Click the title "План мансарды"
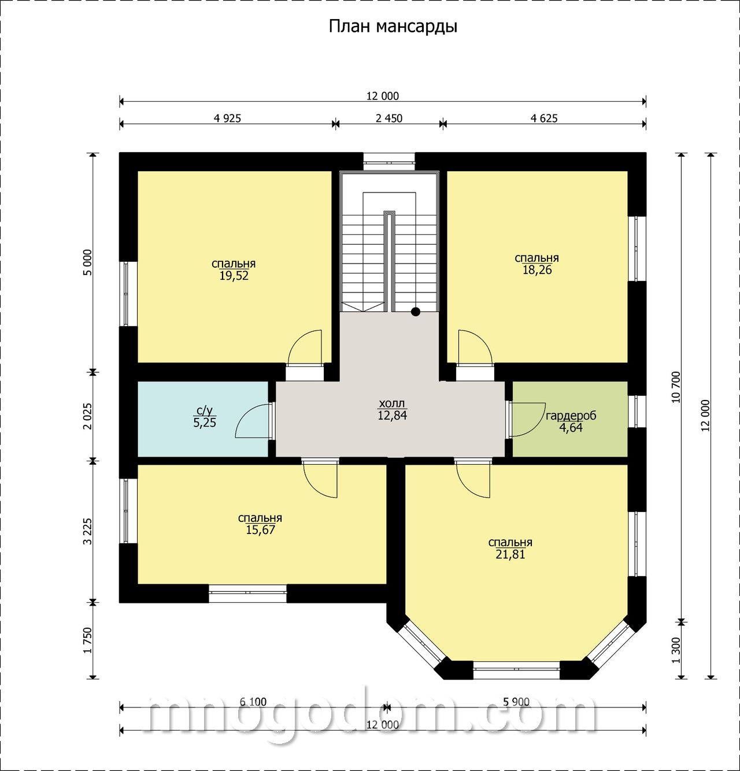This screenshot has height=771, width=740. point(393,27)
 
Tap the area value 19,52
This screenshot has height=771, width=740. point(234,276)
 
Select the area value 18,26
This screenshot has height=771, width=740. point(537,270)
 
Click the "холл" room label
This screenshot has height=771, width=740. point(392,403)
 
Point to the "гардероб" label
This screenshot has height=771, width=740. point(571,416)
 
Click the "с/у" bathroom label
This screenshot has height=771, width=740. point(205,411)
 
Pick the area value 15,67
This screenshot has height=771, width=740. point(260,530)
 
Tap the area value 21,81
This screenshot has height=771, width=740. point(510,554)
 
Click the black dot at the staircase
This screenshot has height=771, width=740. point(416,312)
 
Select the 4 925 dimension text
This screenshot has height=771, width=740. point(227,118)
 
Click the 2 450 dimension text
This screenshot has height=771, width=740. point(389,118)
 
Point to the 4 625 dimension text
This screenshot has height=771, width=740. point(544,118)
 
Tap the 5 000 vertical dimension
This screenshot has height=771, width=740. point(88,262)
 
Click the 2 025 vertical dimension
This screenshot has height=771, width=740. point(88,416)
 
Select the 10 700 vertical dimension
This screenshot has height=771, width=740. point(676,387)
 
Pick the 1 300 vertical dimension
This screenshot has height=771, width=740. point(676,650)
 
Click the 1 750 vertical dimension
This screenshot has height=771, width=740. point(88,640)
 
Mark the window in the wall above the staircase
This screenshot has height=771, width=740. point(389,162)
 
